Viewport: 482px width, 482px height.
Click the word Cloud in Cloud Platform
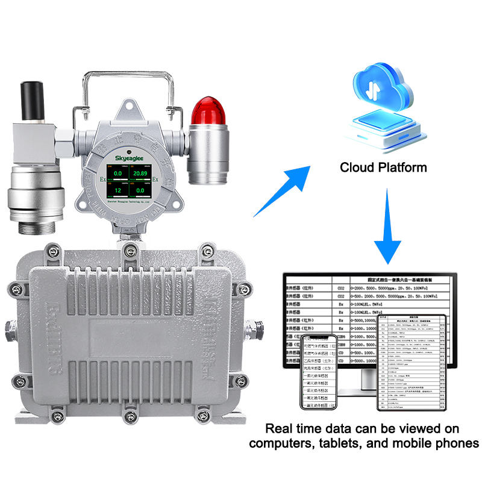(360, 167)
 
